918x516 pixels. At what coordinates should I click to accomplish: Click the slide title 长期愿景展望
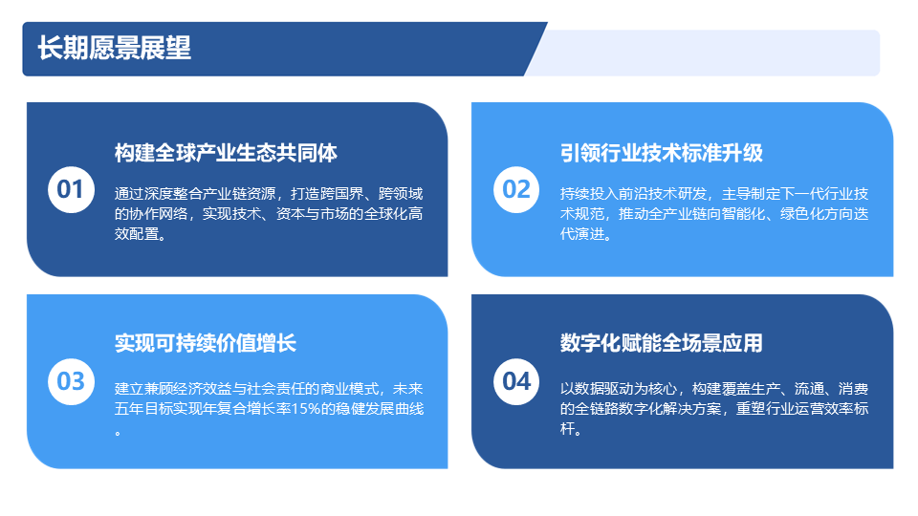[114, 48]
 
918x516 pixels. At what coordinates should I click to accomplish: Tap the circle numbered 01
[71, 189]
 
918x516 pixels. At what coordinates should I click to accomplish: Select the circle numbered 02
[516, 189]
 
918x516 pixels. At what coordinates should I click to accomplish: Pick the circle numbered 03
[71, 381]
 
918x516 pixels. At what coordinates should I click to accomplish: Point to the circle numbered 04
[516, 381]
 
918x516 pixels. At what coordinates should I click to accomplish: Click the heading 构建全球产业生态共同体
[226, 153]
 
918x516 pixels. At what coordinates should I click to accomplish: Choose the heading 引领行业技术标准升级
[662, 153]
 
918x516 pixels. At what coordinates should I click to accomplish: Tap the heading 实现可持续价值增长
[206, 343]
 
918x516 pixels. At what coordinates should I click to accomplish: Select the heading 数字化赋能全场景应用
[662, 343]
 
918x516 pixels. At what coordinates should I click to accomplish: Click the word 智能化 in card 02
[743, 214]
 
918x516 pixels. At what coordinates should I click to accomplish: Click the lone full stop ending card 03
[119, 434]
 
